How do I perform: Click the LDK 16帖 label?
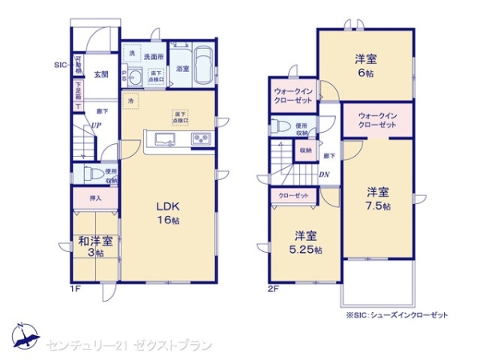168,210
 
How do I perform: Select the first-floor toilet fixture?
91,174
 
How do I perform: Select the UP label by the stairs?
95,126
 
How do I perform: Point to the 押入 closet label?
94,197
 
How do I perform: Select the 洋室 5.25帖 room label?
306,242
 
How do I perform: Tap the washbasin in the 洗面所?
136,76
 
